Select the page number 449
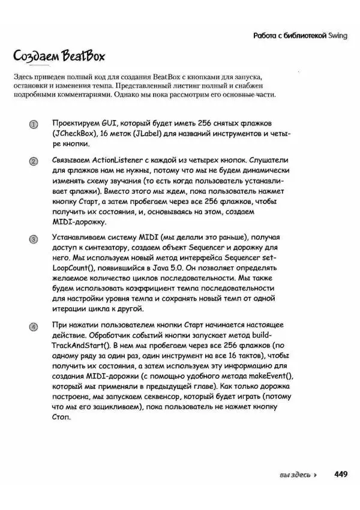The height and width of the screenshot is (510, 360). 341,474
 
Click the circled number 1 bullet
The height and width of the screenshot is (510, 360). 34,124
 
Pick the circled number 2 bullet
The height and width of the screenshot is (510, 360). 34,161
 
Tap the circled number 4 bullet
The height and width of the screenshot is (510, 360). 34,326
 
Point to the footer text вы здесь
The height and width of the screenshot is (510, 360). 295,475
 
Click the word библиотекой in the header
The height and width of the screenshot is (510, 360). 302,36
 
